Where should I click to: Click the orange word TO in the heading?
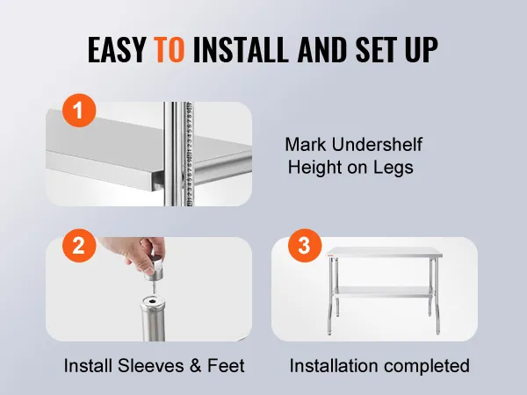pos(169,49)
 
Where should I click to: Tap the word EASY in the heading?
pos(116,49)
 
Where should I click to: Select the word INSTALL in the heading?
pos(241,49)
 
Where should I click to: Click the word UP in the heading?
pos(422,49)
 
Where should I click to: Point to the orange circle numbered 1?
pos(79,111)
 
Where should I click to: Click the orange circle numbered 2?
pos(79,246)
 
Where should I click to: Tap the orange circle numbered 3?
pos(305,246)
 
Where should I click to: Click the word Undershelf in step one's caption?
pos(377,145)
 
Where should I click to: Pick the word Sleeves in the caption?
pos(151,365)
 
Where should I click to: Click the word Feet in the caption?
pos(226,365)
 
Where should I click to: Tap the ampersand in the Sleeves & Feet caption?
pos(196,365)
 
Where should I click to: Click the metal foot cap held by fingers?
pos(154,269)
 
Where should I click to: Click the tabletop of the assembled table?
pos(384,252)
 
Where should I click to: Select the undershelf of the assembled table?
pos(384,291)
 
